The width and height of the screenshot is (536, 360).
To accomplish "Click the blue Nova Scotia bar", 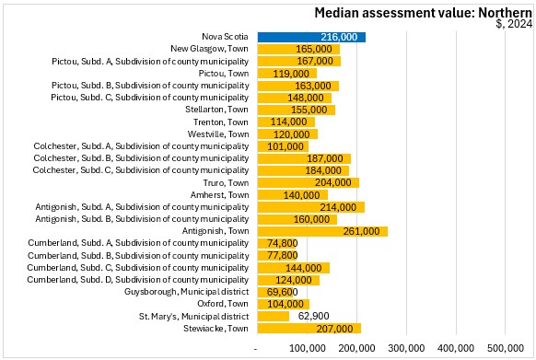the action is [311, 37].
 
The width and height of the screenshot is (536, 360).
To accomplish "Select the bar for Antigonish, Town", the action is [322, 231].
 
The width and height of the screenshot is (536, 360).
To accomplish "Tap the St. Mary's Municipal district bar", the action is [274, 316].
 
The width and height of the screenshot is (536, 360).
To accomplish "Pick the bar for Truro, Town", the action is [309, 182].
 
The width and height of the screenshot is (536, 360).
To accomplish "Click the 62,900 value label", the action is [313, 316].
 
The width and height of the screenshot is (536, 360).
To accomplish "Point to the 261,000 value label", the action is [361, 231].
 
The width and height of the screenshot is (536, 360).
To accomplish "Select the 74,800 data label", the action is [283, 243].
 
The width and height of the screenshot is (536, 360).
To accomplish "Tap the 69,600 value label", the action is [283, 292].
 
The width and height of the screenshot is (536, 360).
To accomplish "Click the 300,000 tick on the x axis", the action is [406, 348].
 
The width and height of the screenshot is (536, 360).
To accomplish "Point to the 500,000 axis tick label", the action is [506, 348].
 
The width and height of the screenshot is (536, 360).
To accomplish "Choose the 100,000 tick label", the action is [308, 348].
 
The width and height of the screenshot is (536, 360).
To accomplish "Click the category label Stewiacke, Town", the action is [216, 329].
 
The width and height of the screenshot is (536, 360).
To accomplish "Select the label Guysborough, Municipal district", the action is [186, 292].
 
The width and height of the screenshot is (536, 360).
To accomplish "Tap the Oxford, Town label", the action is [223, 304].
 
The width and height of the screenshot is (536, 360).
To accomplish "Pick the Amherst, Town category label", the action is [219, 195].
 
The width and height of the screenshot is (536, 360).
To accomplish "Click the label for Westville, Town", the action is [218, 134].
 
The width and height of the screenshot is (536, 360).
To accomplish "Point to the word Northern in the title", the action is [506, 13].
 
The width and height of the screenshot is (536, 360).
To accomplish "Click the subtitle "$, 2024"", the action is [514, 24].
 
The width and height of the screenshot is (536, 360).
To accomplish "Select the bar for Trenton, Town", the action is [286, 122].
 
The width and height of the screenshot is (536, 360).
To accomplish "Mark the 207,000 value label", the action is [334, 329].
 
